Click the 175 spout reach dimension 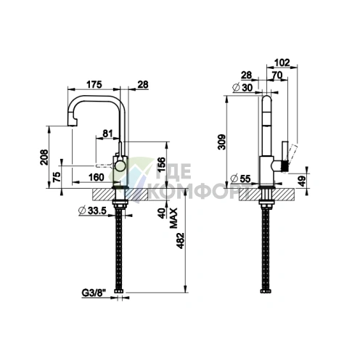[94, 84]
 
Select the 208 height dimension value [44, 157]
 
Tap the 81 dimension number [107, 134]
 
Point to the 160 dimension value [96, 177]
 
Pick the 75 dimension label [57, 177]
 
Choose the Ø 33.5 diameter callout [93, 210]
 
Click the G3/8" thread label [94, 293]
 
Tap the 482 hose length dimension [181, 241]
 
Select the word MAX [173, 218]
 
